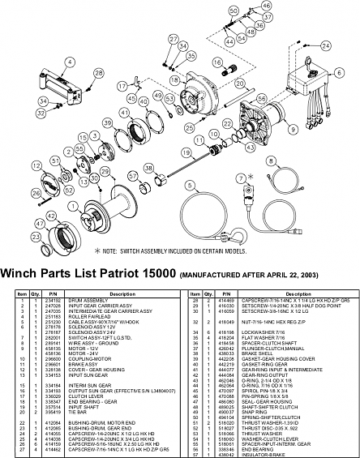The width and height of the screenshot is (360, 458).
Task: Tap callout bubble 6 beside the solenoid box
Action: coord(328,71)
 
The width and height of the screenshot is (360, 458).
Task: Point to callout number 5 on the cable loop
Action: coord(189,184)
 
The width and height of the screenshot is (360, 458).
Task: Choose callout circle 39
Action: coord(106,122)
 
